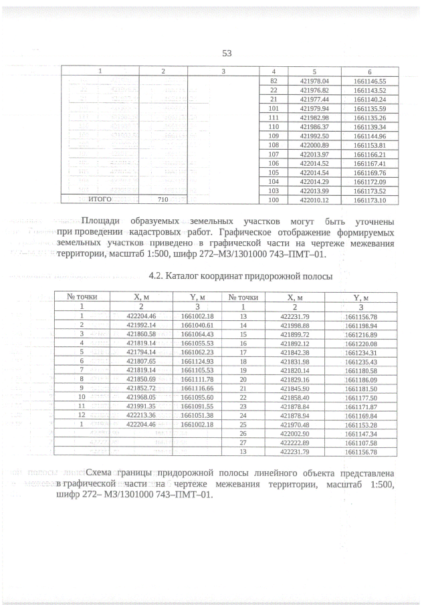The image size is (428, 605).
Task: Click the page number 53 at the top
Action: pos(226,53)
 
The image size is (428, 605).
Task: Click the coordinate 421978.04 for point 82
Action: pos(313,80)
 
